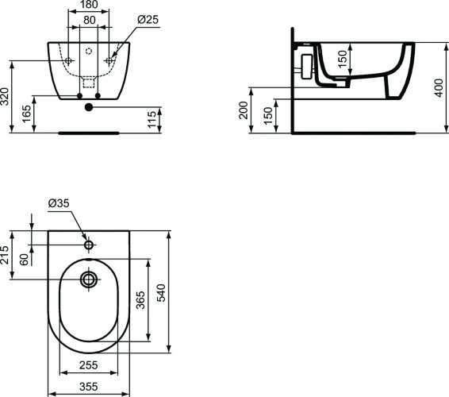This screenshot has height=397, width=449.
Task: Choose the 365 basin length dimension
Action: click(x=140, y=300)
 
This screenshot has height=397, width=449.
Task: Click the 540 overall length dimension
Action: click(x=161, y=291)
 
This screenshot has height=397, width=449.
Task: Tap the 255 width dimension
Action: click(x=88, y=365)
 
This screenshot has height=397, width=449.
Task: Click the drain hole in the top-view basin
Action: click(x=88, y=279)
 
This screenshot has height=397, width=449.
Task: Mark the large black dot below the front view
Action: click(x=89, y=106)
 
